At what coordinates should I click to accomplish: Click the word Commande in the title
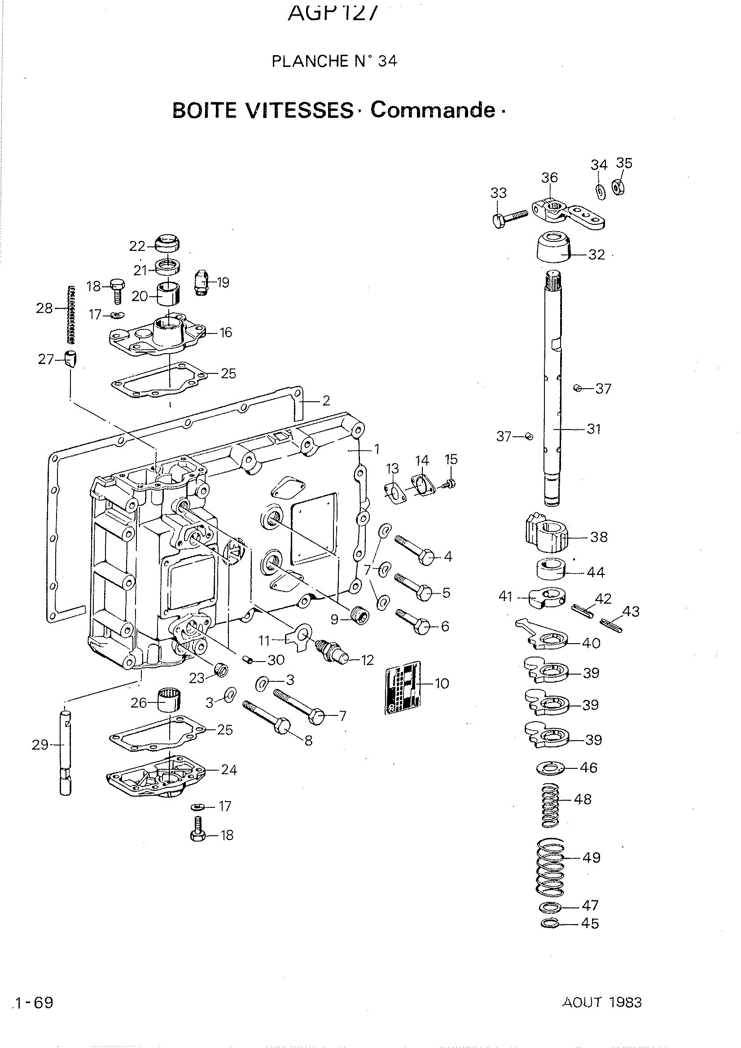coord(433,110)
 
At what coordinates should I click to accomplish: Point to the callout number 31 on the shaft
coord(593,429)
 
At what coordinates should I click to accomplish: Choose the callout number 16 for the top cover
coord(226,332)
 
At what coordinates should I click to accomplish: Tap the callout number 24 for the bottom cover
coord(229,770)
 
